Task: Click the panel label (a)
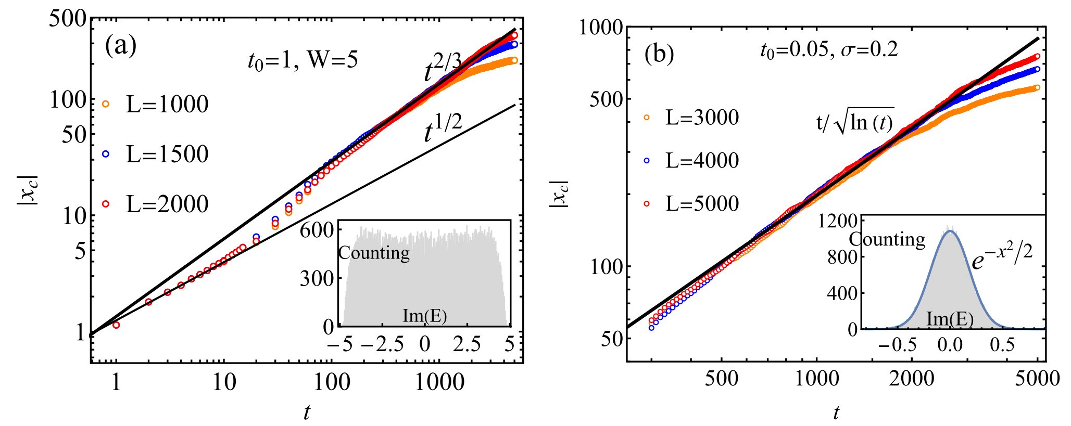[x=121, y=46]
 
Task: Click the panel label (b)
[x=659, y=54]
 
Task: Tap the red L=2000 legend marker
[x=106, y=204]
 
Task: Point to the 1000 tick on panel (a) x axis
[x=440, y=382]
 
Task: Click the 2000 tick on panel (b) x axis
[x=911, y=379]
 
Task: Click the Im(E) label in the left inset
[x=424, y=316]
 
